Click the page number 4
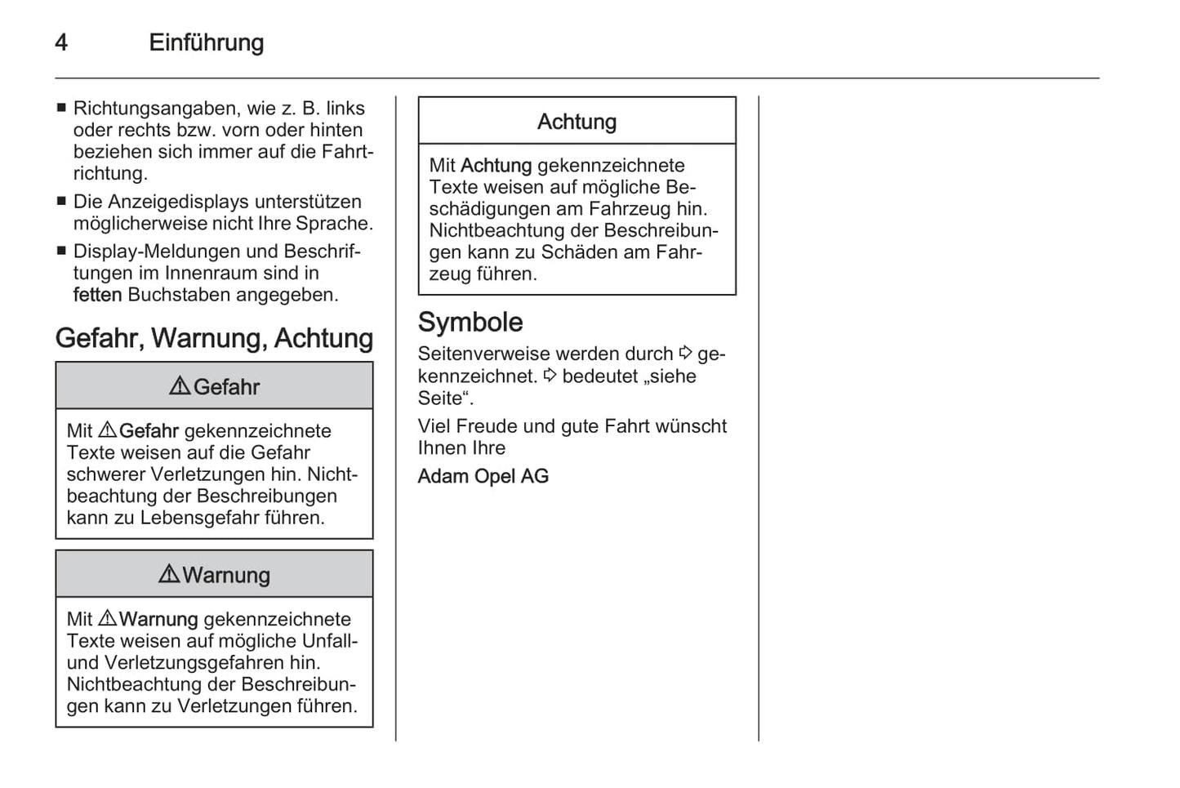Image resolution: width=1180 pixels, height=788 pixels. [x=61, y=42]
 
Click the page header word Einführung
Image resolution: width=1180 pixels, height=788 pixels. [x=206, y=42]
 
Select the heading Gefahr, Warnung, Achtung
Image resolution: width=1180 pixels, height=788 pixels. [x=214, y=338]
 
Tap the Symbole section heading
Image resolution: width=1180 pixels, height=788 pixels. [x=470, y=322]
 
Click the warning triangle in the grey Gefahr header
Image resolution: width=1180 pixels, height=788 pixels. [x=180, y=386]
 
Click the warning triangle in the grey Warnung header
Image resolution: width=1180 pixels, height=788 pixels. [x=169, y=574]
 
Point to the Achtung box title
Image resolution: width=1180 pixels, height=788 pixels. [x=577, y=122]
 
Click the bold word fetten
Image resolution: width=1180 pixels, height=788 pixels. [x=97, y=295]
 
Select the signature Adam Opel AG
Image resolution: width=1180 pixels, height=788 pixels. [x=483, y=476]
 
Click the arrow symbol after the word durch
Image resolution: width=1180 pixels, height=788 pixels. [x=686, y=353]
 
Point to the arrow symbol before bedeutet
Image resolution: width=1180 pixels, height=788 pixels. [x=550, y=376]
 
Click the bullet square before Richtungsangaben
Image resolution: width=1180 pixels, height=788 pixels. [x=61, y=108]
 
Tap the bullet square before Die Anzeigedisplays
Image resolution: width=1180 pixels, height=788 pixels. [x=61, y=201]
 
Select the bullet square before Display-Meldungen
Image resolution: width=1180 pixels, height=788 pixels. [x=61, y=251]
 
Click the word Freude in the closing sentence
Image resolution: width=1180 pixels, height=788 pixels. [x=487, y=425]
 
